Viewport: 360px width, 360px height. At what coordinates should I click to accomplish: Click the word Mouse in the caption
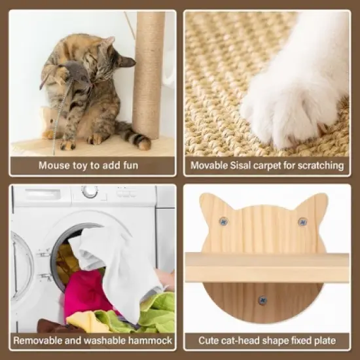(54, 166)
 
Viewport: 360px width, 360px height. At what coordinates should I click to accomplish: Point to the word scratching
(319, 166)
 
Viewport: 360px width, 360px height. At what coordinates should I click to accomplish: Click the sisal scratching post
(150, 72)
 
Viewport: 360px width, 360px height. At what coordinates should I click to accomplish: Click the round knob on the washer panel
(90, 192)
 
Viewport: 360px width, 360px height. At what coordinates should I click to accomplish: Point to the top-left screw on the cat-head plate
(224, 221)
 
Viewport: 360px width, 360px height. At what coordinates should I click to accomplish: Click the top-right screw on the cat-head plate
(302, 221)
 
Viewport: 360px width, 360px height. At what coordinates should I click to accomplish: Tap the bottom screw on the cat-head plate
(262, 300)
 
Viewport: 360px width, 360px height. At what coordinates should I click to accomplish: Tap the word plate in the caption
(322, 340)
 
